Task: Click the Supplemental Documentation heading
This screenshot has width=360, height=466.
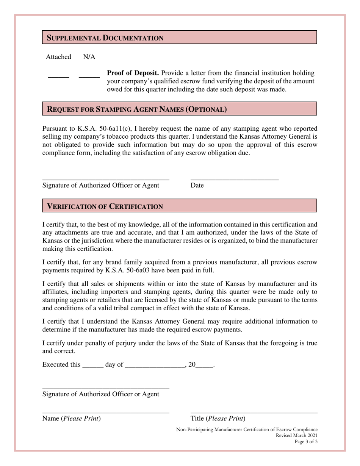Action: click(x=105, y=38)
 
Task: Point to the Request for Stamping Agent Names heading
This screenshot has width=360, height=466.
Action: click(x=136, y=110)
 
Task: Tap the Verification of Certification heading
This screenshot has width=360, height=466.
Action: click(x=105, y=206)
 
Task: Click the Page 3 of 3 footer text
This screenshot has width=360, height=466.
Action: click(x=306, y=442)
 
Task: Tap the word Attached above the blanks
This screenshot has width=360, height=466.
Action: click(x=58, y=57)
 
